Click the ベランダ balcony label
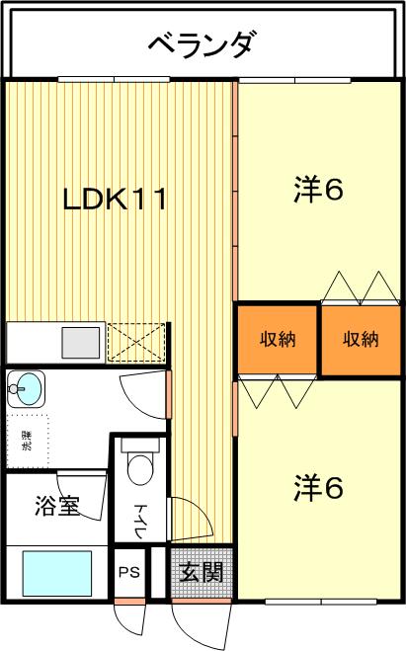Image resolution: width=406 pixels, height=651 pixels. [201, 44]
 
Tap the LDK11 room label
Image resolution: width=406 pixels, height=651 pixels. [115, 199]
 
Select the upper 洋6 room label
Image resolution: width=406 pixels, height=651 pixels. [318, 190]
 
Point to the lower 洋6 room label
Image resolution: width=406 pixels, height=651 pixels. [318, 487]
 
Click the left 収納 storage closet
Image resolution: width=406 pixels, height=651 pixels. [278, 340]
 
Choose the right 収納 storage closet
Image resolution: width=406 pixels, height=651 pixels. [361, 340]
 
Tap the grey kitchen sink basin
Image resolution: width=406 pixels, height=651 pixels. [81, 343]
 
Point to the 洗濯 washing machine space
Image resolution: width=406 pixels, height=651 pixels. [28, 441]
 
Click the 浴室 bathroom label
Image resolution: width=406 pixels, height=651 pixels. [57, 505]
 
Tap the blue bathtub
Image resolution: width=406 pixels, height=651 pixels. [57, 573]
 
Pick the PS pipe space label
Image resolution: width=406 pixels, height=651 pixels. [129, 572]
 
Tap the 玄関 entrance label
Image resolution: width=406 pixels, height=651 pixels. [202, 572]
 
